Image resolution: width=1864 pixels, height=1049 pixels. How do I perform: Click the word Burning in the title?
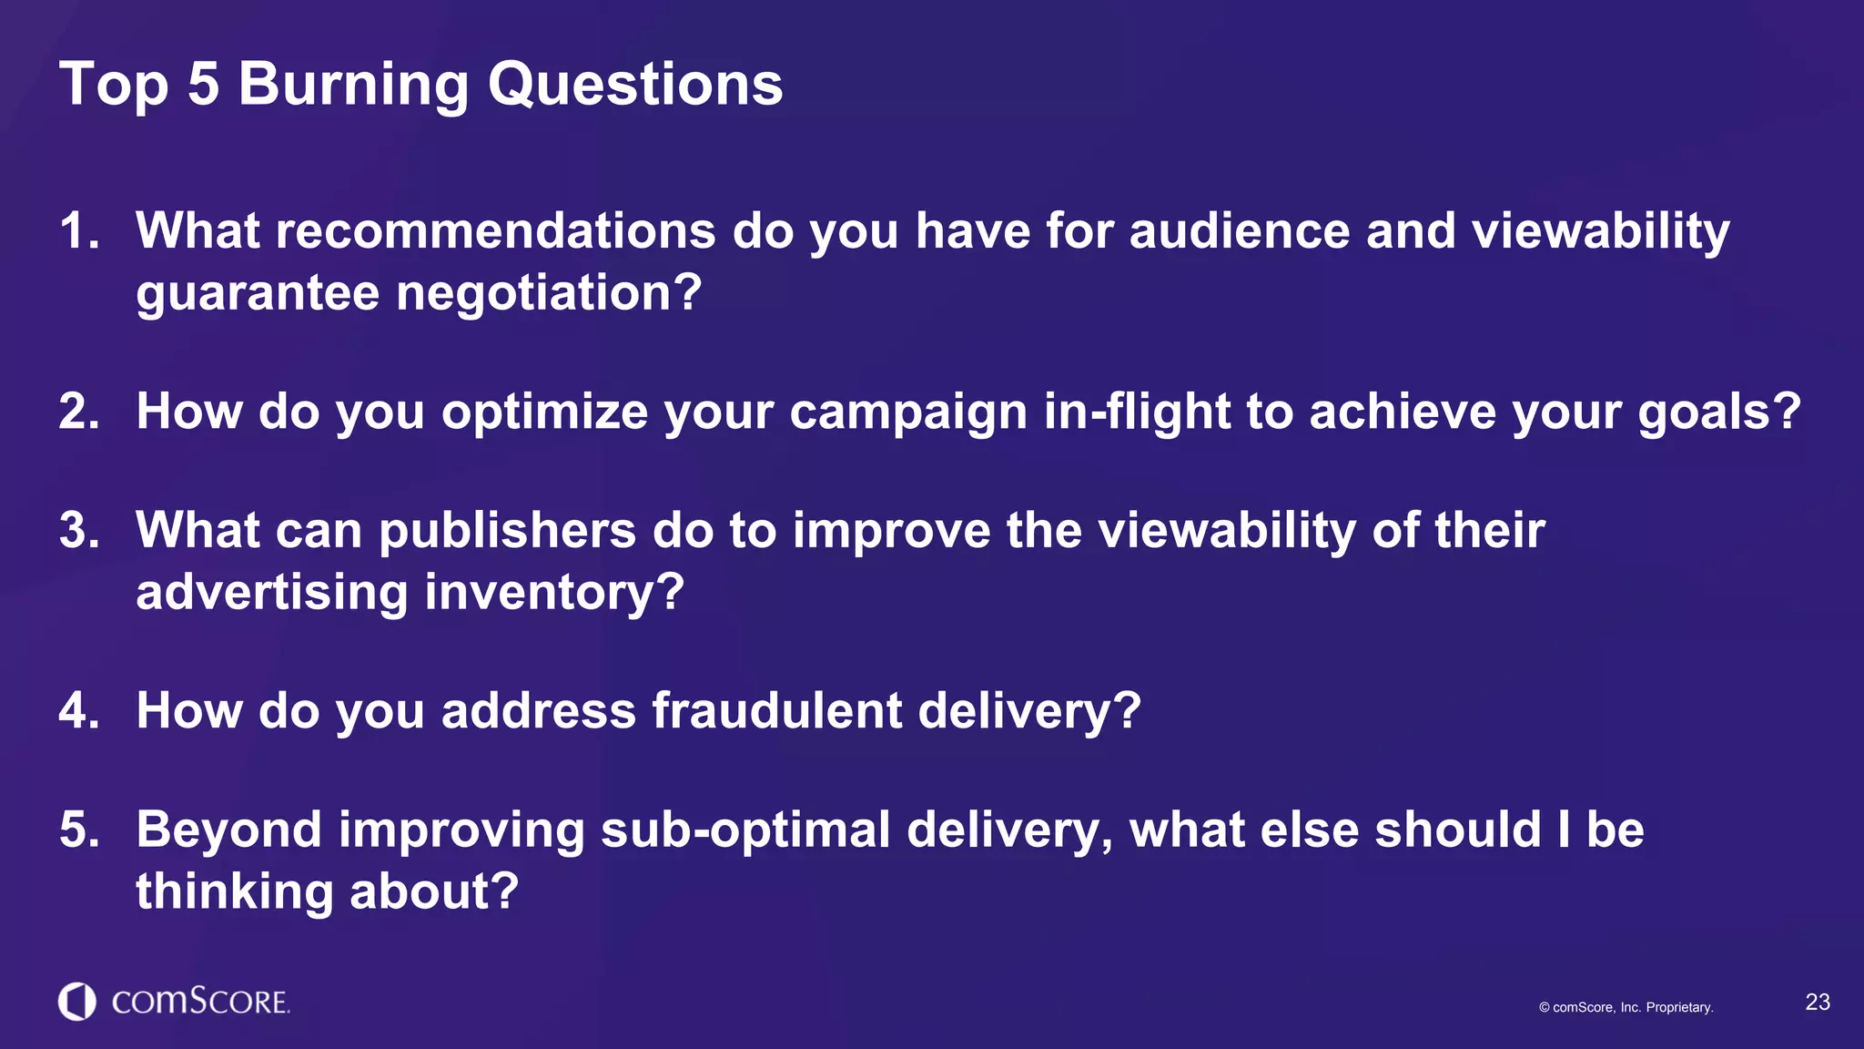(x=352, y=85)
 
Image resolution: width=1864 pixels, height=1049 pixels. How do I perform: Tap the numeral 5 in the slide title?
(x=203, y=85)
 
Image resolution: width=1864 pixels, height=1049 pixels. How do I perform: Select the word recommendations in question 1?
(x=495, y=230)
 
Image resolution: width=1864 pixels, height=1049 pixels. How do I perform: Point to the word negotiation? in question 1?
(x=549, y=293)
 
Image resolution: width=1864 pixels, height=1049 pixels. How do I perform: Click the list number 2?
(x=77, y=412)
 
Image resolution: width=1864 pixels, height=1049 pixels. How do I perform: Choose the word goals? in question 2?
(x=1719, y=412)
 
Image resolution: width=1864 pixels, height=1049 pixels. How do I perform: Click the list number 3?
(x=77, y=530)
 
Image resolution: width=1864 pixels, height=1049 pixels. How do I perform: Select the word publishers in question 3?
(x=507, y=530)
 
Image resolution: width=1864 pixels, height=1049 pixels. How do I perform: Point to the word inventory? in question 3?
(x=553, y=592)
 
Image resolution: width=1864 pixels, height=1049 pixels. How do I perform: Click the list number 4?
(x=77, y=710)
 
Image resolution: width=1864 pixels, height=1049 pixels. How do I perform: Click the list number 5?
(x=77, y=830)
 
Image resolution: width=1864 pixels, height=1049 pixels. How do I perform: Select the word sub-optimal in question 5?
(x=745, y=830)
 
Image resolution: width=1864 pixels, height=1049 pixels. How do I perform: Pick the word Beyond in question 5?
(x=228, y=830)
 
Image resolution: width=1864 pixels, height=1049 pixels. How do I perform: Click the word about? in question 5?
(x=434, y=891)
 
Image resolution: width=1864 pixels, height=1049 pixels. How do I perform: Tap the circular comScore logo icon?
(x=77, y=1002)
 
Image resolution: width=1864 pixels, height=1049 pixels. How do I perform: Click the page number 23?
(x=1817, y=1003)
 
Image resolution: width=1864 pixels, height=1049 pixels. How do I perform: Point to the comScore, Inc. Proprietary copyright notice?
(x=1626, y=1007)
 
